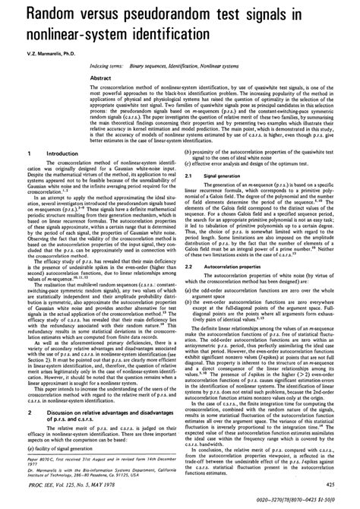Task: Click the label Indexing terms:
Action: (x=100, y=68)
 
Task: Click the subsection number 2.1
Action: (x=197, y=197)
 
